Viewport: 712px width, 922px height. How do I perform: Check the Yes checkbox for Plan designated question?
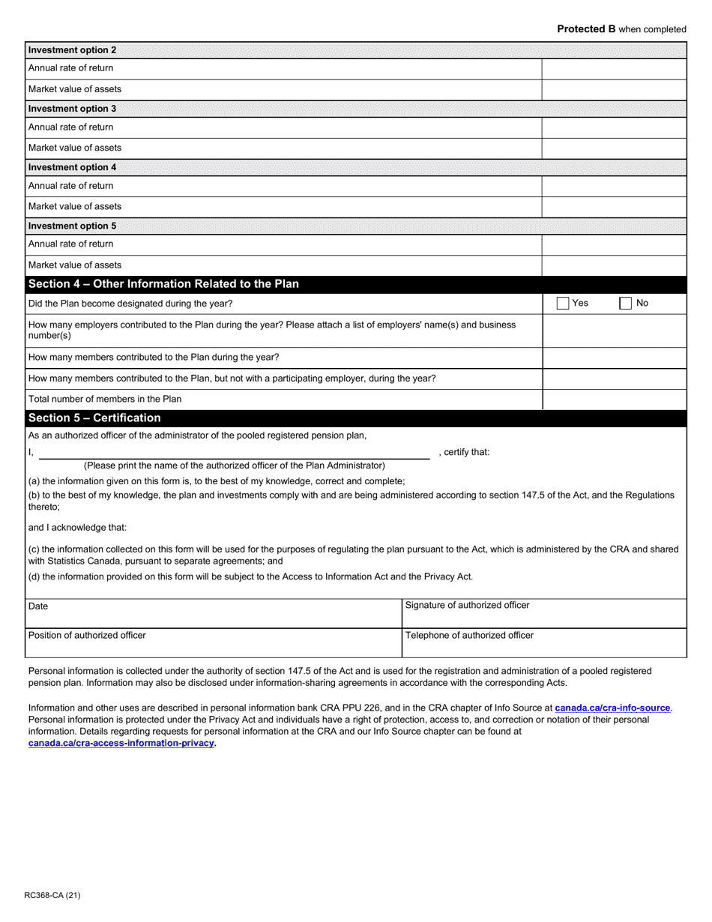(563, 304)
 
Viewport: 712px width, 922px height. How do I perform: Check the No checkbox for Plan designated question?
(625, 304)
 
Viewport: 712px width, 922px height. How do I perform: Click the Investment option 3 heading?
(72, 109)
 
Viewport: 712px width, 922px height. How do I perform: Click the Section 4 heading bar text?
(163, 284)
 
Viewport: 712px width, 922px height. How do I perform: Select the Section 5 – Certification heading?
(94, 418)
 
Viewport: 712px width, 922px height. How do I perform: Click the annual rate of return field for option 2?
(614, 68)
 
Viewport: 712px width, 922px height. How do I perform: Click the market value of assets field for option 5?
(614, 265)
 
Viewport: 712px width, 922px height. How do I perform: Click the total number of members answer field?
(614, 400)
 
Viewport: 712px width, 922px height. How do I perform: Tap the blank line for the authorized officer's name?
(234, 453)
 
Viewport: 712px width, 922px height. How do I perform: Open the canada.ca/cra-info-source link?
(612, 708)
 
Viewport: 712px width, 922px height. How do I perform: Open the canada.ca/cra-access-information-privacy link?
(121, 743)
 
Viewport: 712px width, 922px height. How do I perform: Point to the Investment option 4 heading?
(72, 167)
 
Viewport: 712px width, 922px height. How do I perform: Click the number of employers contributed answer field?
(614, 331)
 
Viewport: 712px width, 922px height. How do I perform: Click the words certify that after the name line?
(466, 452)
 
